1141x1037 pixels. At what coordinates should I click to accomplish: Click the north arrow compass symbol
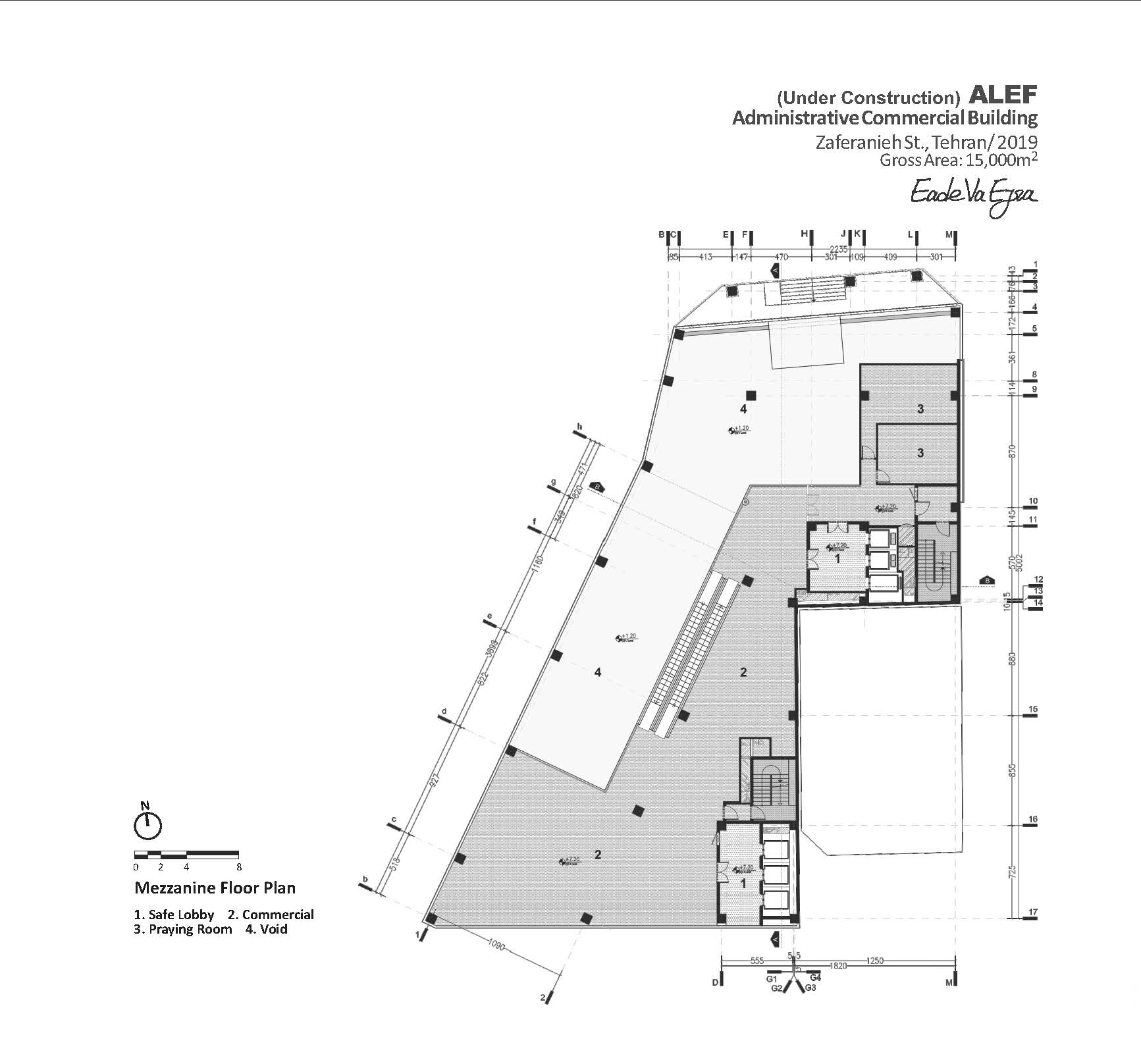pyautogui.click(x=148, y=825)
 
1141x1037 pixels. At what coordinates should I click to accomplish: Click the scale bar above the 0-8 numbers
pyautogui.click(x=187, y=854)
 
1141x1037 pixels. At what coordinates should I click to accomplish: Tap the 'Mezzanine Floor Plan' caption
pyautogui.click(x=215, y=888)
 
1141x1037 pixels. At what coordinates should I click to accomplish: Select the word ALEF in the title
pyautogui.click(x=1003, y=95)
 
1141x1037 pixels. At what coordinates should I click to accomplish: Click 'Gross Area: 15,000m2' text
pyautogui.click(x=959, y=159)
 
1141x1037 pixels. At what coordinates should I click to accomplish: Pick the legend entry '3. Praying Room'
pyautogui.click(x=183, y=929)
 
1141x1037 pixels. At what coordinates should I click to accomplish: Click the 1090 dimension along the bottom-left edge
pyautogui.click(x=496, y=945)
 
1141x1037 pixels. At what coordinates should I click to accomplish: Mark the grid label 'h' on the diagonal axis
pyautogui.click(x=580, y=427)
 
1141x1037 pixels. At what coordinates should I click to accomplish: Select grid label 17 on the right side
pyautogui.click(x=1033, y=912)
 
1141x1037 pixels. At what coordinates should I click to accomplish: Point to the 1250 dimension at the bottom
pyautogui.click(x=875, y=961)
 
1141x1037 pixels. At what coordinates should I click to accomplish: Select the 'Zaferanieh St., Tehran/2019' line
pyautogui.click(x=926, y=142)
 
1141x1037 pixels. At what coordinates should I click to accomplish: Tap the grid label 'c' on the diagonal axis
pyautogui.click(x=394, y=819)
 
